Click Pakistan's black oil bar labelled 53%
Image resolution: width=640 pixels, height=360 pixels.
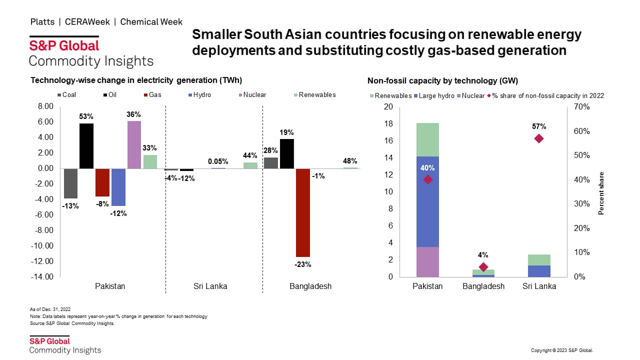pos(86,145)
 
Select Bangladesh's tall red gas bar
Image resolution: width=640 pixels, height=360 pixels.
pos(302,212)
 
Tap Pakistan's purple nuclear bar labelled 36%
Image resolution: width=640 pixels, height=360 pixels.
pos(134,144)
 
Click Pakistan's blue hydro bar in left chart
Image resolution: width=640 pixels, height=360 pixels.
pos(118,187)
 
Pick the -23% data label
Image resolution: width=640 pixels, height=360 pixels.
pos(302,264)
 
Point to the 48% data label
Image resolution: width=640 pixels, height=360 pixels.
pos(350,161)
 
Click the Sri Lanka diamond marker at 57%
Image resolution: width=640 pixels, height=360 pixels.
pos(538,138)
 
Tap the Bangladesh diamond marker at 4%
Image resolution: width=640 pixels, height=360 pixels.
pos(483,267)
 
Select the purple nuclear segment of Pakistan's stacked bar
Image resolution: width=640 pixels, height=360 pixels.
pos(427,261)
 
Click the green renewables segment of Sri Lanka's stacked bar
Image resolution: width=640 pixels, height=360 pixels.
pos(538,260)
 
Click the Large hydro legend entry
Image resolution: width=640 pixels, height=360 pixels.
pos(432,95)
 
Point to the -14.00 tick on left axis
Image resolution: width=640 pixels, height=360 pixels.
pos(42,276)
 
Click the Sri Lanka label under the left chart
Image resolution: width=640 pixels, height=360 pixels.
pos(210,286)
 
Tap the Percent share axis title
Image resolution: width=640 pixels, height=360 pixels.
pos(601,193)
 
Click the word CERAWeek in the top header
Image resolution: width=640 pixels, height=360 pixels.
pos(91,22)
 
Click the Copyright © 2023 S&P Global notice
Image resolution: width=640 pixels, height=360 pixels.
pos(561,350)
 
